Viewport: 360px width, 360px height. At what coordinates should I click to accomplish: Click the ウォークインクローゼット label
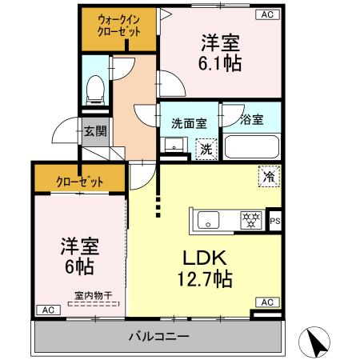120,25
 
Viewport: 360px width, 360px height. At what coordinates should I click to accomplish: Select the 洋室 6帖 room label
77,254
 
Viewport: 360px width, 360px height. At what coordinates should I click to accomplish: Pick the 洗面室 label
189,122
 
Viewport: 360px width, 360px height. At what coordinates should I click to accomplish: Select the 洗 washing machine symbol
206,148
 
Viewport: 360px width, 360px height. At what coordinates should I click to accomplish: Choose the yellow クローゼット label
79,181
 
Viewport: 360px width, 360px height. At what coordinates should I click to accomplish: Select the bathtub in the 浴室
251,148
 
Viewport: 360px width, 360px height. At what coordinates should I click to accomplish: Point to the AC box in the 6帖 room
47,309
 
